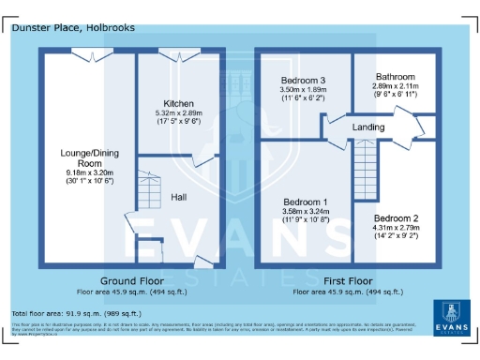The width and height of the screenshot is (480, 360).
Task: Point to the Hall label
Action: click(x=178, y=197)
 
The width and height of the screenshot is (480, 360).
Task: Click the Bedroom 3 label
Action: click(x=302, y=81)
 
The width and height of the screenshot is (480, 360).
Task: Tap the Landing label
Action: click(x=369, y=127)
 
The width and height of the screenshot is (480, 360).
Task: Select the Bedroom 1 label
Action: click(x=306, y=202)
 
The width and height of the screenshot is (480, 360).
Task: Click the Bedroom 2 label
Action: click(x=395, y=218)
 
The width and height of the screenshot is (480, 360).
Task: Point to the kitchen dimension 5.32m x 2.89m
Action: click(x=178, y=113)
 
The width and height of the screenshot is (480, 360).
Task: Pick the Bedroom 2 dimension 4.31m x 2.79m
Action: click(x=395, y=228)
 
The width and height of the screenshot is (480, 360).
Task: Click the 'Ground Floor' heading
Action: click(x=132, y=280)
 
